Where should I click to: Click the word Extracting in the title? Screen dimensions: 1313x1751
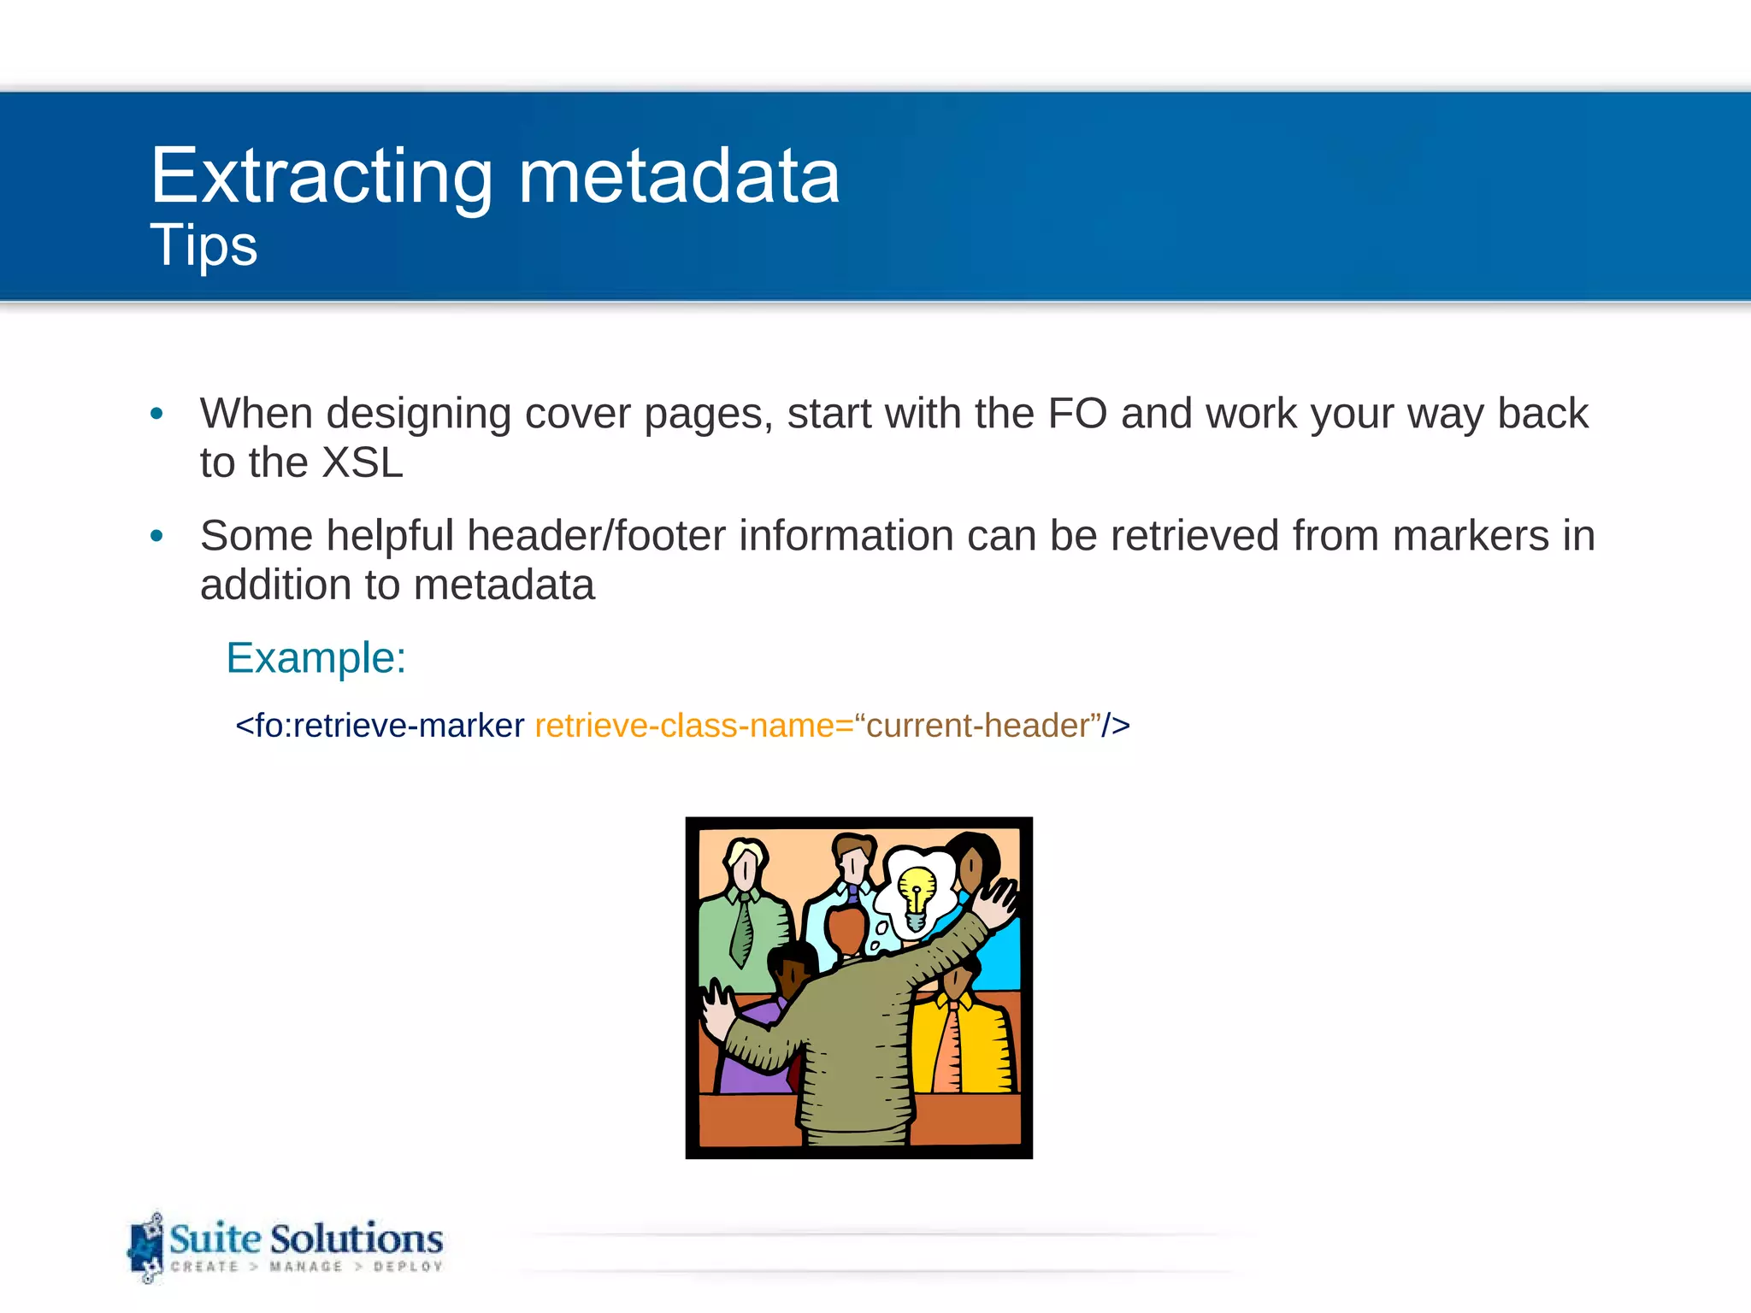pos(321,177)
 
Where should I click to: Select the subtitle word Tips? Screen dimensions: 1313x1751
pos(203,245)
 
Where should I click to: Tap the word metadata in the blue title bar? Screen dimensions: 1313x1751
pos(679,177)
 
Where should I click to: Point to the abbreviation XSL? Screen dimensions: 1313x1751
pos(361,463)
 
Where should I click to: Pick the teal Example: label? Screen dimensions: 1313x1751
pos(315,658)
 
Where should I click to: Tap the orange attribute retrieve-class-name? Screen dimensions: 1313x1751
pos(684,726)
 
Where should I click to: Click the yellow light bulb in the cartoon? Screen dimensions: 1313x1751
pos(917,891)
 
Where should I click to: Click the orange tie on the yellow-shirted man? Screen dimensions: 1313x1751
pos(949,1047)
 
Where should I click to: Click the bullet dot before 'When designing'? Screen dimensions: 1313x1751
pos(156,415)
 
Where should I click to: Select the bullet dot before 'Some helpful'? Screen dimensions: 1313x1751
pos(156,537)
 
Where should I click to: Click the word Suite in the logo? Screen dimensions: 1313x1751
pos(215,1239)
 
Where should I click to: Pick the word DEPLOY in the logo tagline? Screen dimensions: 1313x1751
pos(408,1267)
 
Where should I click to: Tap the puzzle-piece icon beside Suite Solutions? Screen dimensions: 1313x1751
pos(146,1247)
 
